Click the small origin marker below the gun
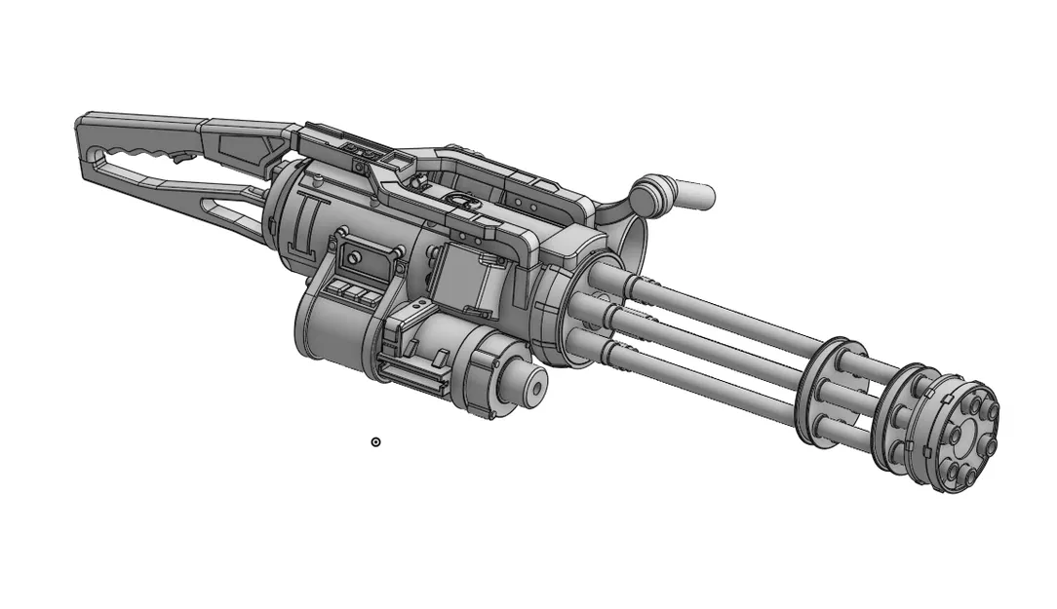(x=375, y=442)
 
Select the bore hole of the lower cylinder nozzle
(x=534, y=387)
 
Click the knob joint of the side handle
(x=652, y=190)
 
